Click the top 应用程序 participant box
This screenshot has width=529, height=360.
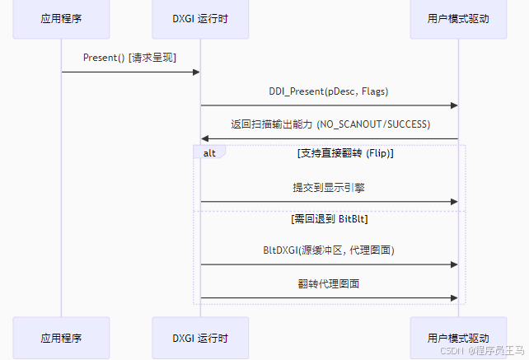[61, 19]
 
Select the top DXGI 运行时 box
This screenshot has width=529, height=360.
[200, 19]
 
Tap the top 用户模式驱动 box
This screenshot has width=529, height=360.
[458, 19]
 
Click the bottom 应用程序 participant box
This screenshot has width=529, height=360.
[61, 338]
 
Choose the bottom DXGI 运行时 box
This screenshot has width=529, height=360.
[200, 338]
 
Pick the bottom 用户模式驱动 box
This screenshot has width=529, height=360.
[458, 338]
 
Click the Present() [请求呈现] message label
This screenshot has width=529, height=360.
[130, 58]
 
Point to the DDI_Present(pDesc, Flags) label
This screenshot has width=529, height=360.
[329, 91]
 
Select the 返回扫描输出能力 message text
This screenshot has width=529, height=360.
[330, 124]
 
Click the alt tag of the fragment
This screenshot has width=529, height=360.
[209, 152]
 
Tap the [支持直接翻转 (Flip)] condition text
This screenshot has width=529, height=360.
[345, 153]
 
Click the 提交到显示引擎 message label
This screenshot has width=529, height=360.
[329, 187]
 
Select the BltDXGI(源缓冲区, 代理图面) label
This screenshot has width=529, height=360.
[329, 250]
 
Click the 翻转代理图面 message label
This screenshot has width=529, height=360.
[329, 283]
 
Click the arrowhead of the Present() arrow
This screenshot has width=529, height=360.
[196, 72]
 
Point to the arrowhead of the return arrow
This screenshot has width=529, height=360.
[205, 138]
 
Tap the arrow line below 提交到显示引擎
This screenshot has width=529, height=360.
[329, 201]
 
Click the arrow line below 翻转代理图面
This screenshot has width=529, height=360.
[329, 297]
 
